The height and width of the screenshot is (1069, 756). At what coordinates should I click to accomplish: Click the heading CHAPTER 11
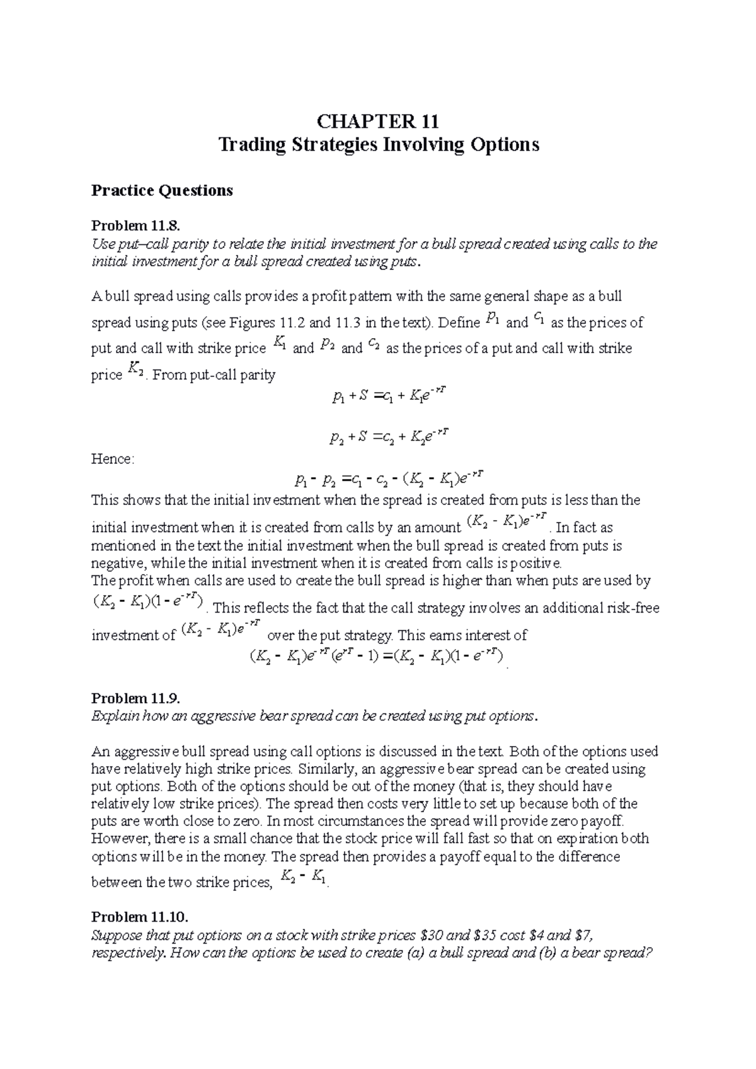pos(378,120)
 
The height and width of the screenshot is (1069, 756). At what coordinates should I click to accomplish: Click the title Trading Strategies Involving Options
pos(378,145)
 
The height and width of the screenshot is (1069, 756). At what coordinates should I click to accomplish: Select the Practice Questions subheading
pos(162,190)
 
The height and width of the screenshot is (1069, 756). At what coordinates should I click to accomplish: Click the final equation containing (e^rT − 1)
pos(377,657)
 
